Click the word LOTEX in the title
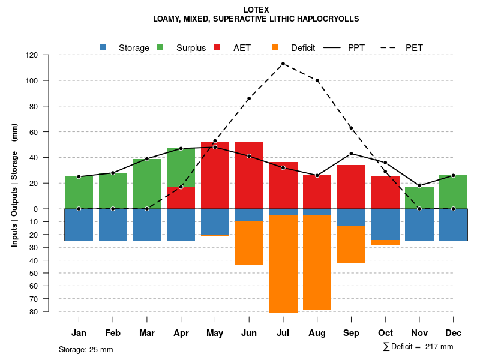click(256, 10)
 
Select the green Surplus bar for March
click(147, 184)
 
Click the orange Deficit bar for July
click(283, 264)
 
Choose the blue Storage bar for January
click(79, 224)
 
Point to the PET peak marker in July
click(283, 64)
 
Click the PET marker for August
click(317, 80)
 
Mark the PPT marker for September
click(351, 154)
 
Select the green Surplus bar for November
click(419, 197)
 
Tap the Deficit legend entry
click(294, 48)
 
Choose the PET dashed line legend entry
click(408, 48)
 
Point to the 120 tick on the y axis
click(49, 55)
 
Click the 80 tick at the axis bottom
click(49, 311)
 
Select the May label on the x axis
click(215, 333)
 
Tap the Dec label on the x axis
click(454, 333)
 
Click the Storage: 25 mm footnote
click(86, 349)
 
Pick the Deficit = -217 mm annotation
click(418, 347)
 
